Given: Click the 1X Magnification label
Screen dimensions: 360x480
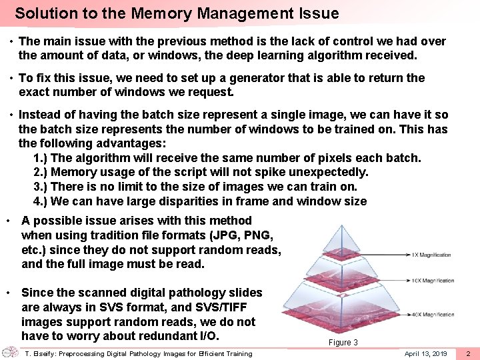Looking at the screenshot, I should click(431, 255).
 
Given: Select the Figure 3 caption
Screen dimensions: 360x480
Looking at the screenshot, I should click(343, 342).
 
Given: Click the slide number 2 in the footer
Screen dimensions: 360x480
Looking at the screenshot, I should click(468, 353).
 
